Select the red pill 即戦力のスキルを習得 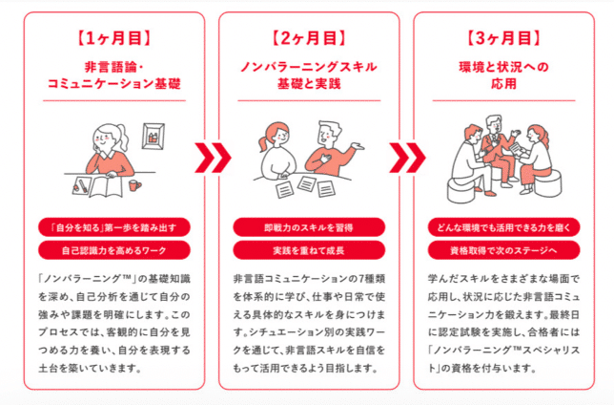tap(308, 227)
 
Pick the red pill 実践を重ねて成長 tap(308, 250)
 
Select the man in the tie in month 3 tap(496, 143)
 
